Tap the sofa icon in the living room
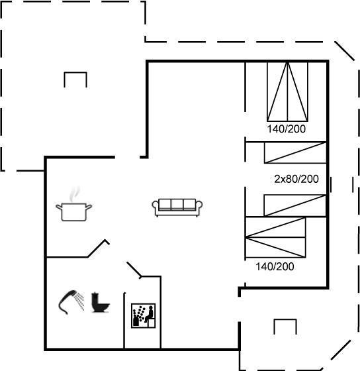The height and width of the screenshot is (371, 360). point(177,207)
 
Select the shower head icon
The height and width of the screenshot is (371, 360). point(71,301)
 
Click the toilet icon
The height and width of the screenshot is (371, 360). point(100,302)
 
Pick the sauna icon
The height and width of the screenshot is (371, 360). point(143,315)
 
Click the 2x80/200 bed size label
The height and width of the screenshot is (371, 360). point(296,179)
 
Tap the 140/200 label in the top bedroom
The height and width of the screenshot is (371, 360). point(287,129)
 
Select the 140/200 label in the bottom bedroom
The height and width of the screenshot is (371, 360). point(275,266)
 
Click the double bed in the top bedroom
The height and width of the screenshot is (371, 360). point(287,92)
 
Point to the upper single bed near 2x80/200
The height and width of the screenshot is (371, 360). point(295,152)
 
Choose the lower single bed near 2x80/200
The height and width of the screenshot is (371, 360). point(295,205)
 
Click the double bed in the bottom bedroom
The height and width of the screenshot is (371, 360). point(275,237)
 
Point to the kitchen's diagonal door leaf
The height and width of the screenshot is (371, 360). point(99,248)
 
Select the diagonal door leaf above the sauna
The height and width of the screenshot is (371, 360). point(134,270)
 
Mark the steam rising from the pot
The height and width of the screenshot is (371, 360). point(75,194)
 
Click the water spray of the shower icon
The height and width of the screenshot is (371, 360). point(79,301)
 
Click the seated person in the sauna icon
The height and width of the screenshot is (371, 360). point(150,313)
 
